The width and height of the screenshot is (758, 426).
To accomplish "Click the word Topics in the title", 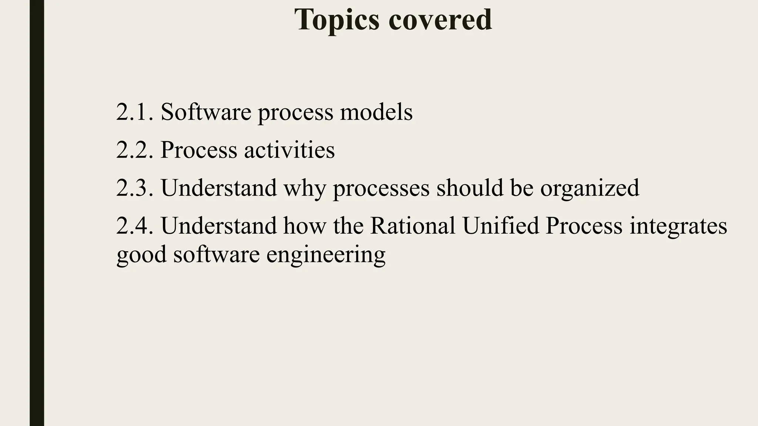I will (337, 20).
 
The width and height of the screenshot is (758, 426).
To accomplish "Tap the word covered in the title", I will (440, 20).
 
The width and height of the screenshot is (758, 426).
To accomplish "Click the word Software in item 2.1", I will (206, 112).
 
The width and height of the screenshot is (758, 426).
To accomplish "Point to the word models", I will (376, 112).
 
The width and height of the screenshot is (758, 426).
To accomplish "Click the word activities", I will (289, 150).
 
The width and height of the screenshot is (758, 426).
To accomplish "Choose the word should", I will (470, 188).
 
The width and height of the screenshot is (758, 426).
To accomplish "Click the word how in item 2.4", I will (305, 226).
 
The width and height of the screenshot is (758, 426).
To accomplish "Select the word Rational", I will (412, 226).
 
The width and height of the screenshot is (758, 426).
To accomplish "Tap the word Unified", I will (500, 226).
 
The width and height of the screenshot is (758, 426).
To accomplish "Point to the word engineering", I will (326, 255).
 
